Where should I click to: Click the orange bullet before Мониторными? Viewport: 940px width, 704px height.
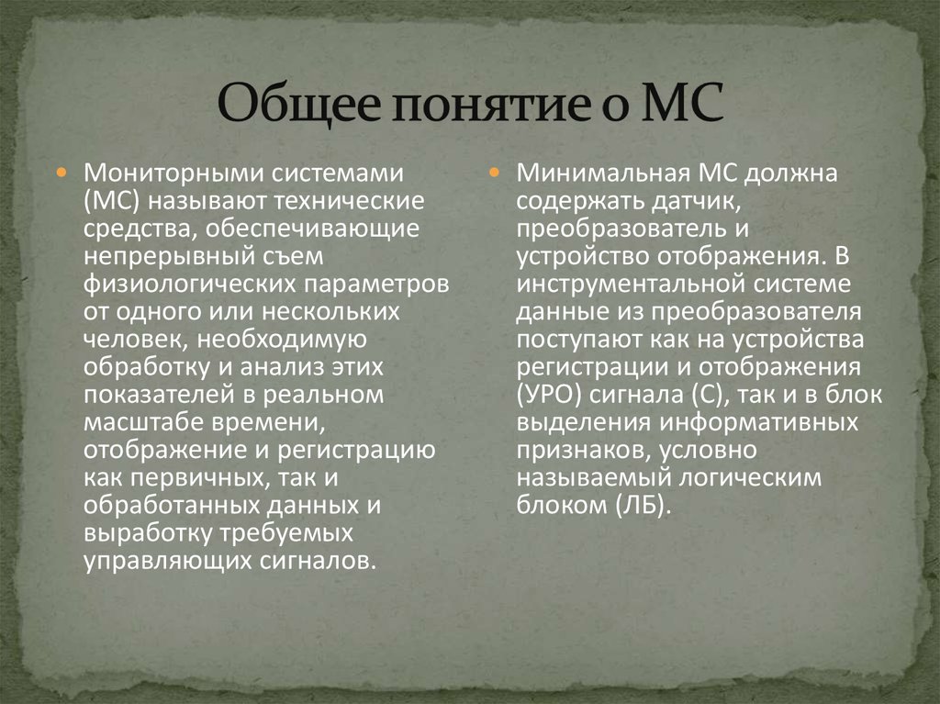(62, 173)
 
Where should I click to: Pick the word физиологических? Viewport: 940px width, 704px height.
(174, 283)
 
